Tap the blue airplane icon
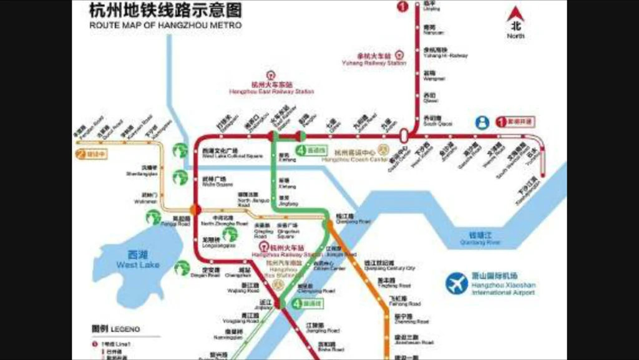pos(457,284)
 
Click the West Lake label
pos(137,260)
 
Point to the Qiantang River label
pos(480,238)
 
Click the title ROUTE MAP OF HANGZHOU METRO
pos(165,26)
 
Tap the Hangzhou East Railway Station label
pos(271,88)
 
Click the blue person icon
pos(482,122)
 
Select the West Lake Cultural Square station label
pos(223,153)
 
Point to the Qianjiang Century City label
pos(389,266)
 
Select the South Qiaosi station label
pos(437,121)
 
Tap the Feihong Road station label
pos(405,301)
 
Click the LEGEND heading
pos(115,329)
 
